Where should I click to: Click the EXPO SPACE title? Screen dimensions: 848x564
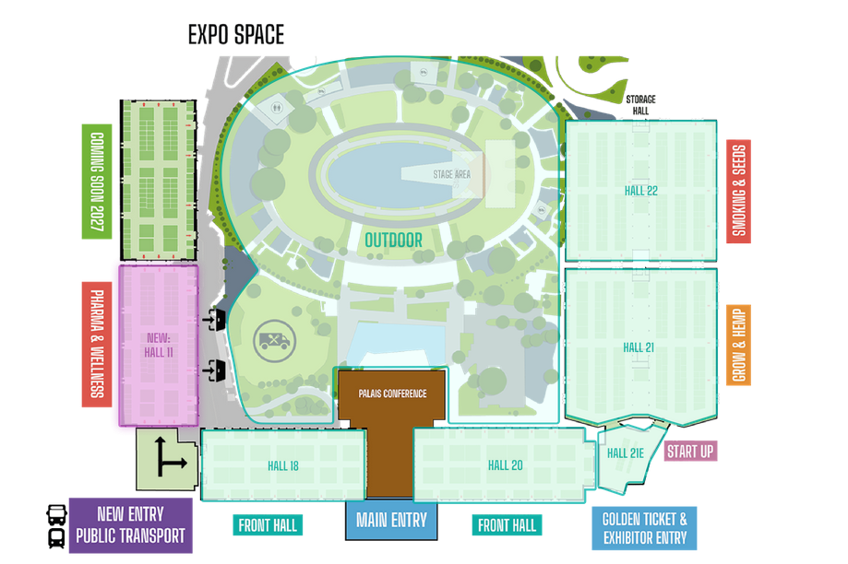pos(236,35)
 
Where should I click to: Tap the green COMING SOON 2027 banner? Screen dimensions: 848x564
pos(97,182)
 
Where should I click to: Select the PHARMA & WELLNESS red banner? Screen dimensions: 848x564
pos(97,344)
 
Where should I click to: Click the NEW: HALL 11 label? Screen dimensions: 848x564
pos(159,346)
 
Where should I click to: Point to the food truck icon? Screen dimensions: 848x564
pos(274,341)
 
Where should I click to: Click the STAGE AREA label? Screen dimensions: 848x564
pos(451,174)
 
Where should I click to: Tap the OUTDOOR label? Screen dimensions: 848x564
pos(393,241)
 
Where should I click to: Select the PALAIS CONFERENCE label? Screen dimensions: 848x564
pos(393,394)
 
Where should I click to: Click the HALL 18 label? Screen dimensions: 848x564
pos(283,466)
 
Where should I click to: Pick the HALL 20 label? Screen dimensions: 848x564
pos(505,465)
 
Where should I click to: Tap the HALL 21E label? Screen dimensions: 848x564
pos(626,453)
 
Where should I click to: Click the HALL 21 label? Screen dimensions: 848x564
pos(639,347)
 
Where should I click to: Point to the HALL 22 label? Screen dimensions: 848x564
pos(641,191)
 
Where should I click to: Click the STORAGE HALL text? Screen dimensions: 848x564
pos(641,105)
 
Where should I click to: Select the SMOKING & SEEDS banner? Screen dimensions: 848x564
pos(739,192)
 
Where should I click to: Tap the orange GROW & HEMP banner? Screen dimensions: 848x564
pos(739,346)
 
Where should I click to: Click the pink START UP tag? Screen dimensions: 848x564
pos(690,451)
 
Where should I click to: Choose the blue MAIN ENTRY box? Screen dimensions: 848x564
pos(391,521)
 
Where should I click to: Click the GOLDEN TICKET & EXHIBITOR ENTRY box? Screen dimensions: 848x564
pos(644,528)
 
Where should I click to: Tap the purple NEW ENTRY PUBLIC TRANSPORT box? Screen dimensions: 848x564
pos(130,525)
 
